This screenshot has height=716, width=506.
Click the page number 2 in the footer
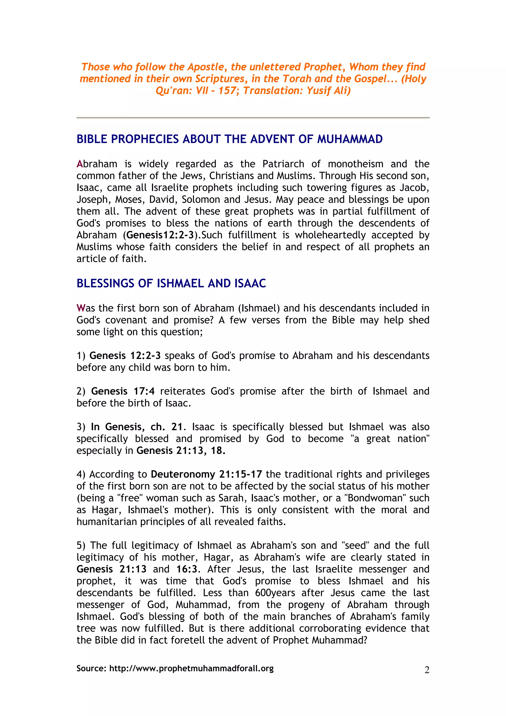tap(427, 670)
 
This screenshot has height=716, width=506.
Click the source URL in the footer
tap(191, 668)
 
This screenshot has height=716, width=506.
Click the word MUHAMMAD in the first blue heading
tap(350, 139)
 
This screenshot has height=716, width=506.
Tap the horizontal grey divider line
tap(253, 118)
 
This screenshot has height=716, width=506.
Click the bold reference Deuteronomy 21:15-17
tap(206, 474)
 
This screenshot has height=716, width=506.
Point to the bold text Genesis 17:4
tap(123, 391)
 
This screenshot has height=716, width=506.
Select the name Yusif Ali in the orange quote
tap(328, 90)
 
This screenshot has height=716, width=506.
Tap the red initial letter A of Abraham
tap(80, 164)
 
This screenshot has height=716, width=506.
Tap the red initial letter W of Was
tap(81, 308)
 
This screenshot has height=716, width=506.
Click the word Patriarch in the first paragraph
tap(283, 164)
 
